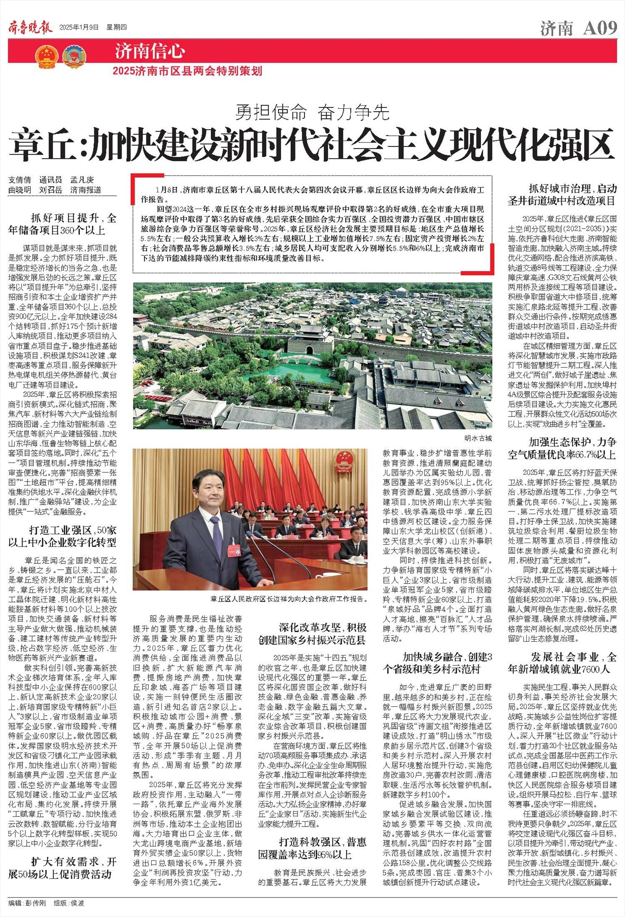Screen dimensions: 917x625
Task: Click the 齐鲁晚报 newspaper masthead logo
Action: point(30,27)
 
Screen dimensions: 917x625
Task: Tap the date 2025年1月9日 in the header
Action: point(79,28)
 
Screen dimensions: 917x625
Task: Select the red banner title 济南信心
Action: point(150,52)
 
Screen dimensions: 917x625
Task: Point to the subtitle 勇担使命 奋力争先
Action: point(312,112)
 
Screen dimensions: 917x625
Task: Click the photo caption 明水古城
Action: point(477,438)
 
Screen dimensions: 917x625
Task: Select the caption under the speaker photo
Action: point(289,599)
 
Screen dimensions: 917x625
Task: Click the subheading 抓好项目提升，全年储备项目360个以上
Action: point(62,224)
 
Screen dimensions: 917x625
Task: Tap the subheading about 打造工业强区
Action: point(62,536)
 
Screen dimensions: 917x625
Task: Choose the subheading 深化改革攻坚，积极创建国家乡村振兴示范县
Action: point(312,633)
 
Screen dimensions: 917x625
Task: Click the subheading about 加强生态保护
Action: point(562,448)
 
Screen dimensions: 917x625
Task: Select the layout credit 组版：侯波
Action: point(69,903)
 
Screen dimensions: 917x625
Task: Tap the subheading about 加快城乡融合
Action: point(437,663)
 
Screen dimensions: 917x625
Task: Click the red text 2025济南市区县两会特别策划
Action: point(187,71)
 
